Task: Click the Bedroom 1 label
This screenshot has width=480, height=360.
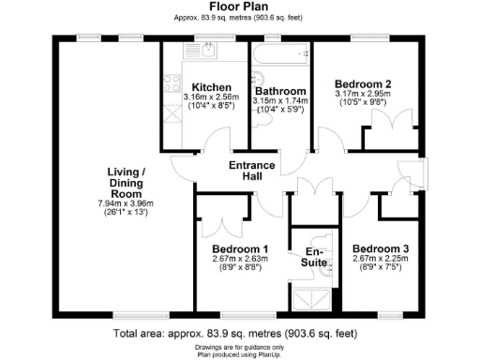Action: pyautogui.click(x=240, y=248)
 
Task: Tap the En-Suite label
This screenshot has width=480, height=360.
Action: pyautogui.click(x=315, y=258)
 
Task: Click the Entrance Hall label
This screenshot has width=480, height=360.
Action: pyautogui.click(x=253, y=172)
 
